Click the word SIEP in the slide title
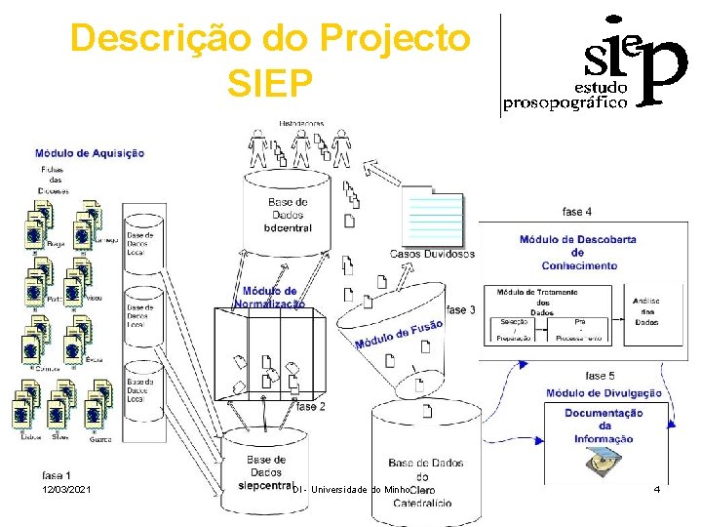270,83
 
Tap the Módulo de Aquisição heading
90,152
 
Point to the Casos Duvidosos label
432,254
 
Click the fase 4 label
576,212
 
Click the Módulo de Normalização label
270,297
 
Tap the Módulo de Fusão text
400,333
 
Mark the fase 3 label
461,309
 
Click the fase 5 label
600,376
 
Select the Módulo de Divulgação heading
604,393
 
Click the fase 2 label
311,406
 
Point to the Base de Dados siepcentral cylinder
266,468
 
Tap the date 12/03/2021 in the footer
66,488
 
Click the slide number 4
657,487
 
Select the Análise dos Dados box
646,311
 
